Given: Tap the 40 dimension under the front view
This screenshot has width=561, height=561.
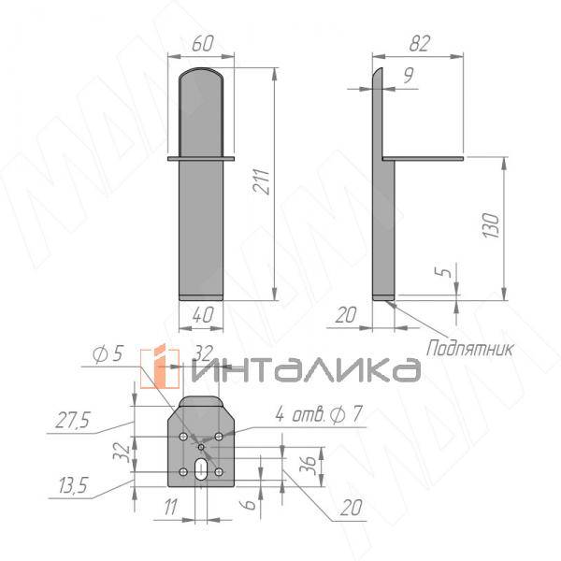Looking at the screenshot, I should (x=201, y=315).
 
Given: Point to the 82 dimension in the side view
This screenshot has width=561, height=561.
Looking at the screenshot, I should (x=418, y=43).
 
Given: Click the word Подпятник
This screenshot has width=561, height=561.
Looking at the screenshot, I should (x=470, y=349).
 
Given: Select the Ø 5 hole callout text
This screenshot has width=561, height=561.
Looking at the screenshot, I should (x=108, y=354).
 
